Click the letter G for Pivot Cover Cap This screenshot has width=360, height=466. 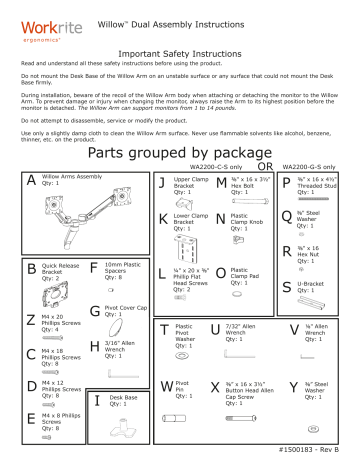[x=94, y=314]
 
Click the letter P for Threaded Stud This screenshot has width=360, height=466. [x=286, y=181]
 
